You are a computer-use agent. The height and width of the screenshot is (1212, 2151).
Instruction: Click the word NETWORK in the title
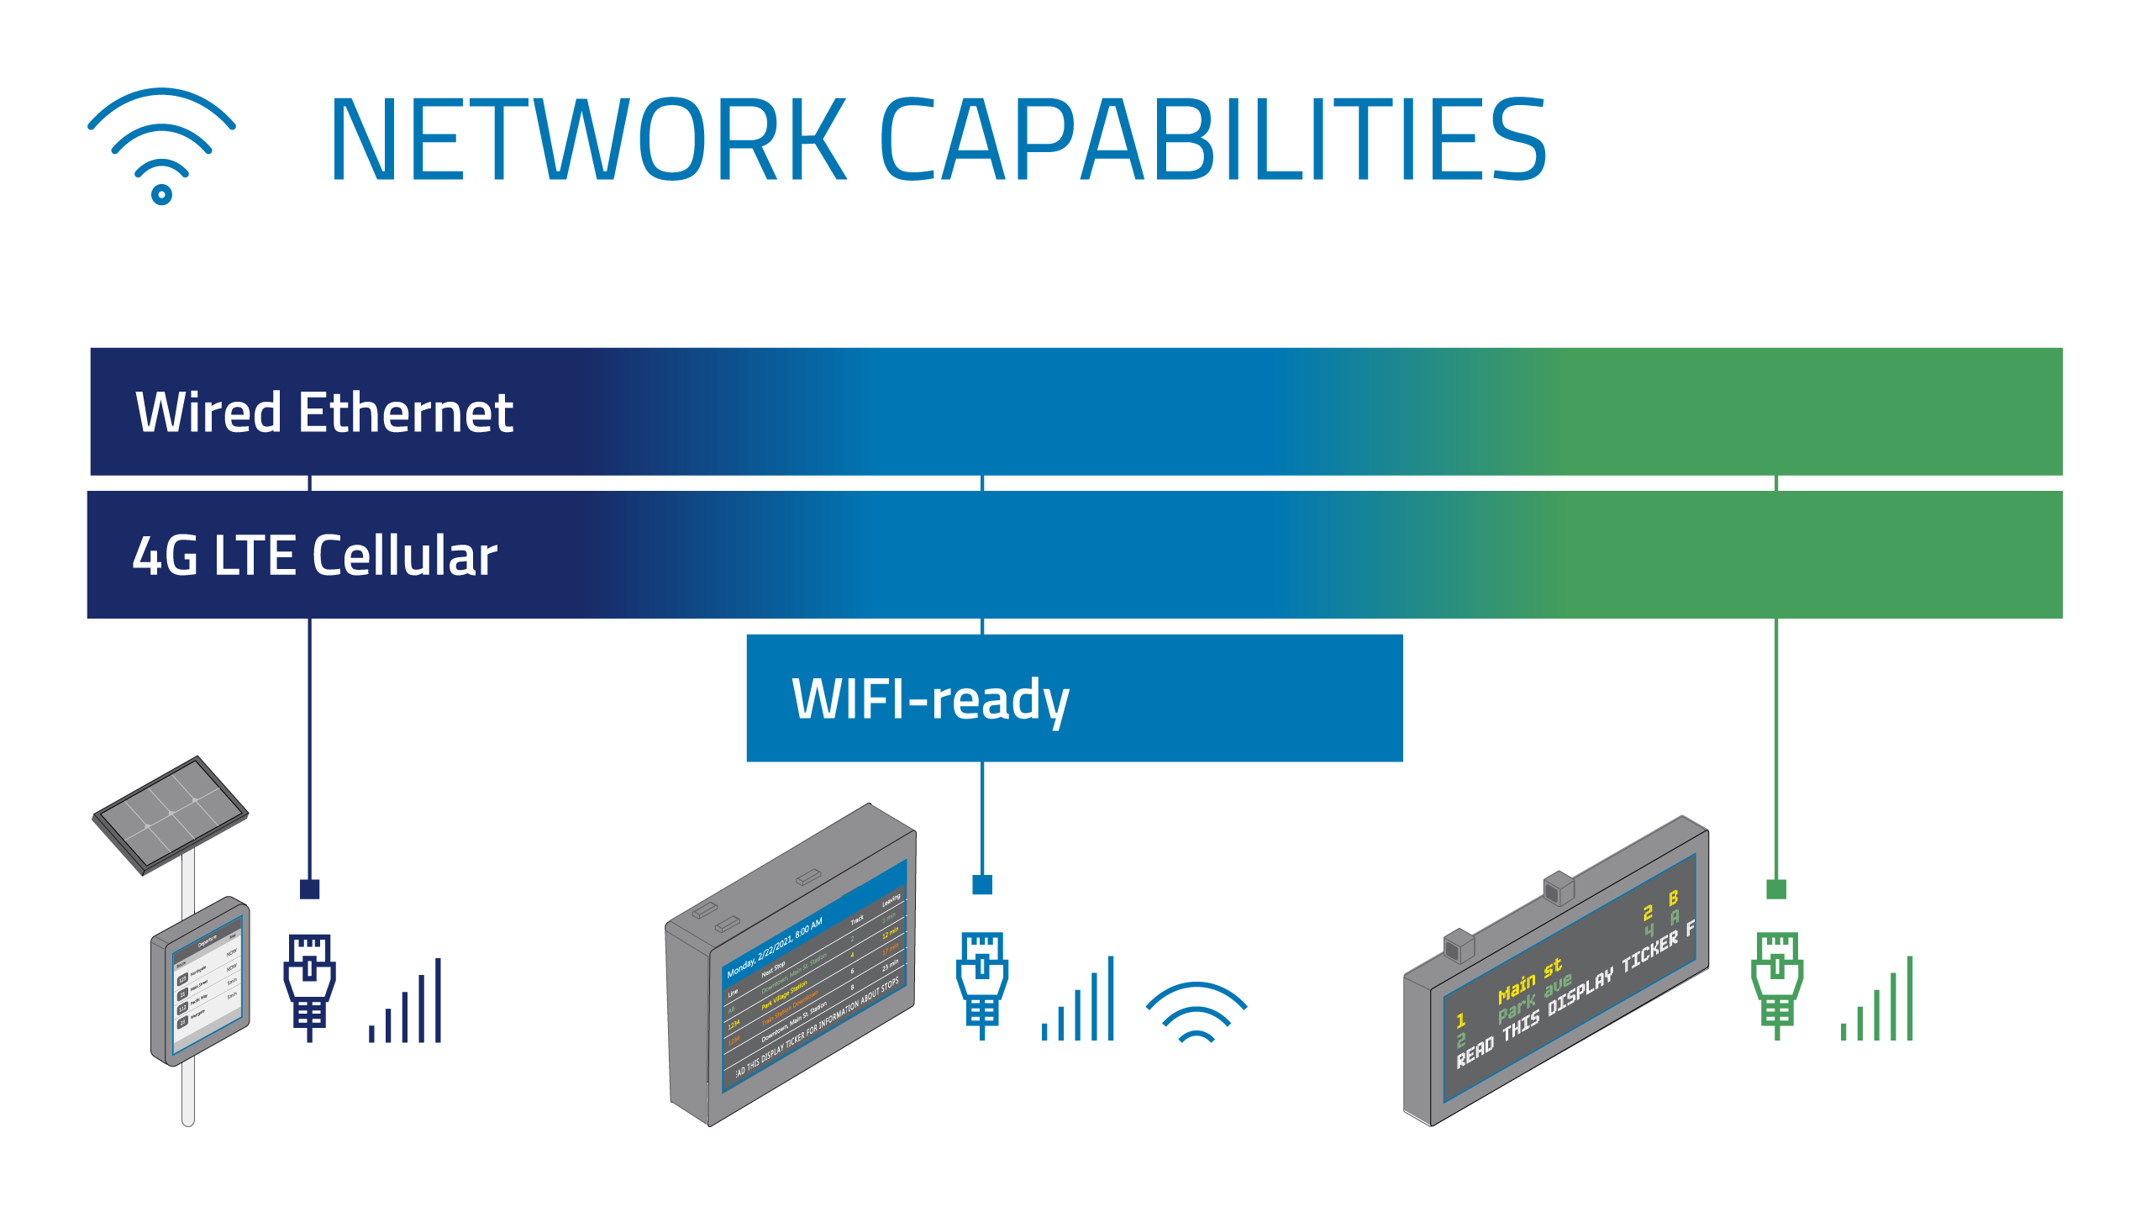(x=587, y=140)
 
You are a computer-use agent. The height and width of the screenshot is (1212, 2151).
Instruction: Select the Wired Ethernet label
(x=324, y=413)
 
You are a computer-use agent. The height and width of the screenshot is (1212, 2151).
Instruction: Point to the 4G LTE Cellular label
(x=315, y=556)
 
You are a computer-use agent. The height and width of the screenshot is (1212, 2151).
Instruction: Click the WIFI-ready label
(x=930, y=699)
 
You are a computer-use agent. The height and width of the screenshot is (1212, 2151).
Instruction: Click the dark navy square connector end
(x=309, y=888)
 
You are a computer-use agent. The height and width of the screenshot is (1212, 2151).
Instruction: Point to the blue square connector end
(x=981, y=884)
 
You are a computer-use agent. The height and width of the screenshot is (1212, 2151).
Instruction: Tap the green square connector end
(x=1775, y=888)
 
